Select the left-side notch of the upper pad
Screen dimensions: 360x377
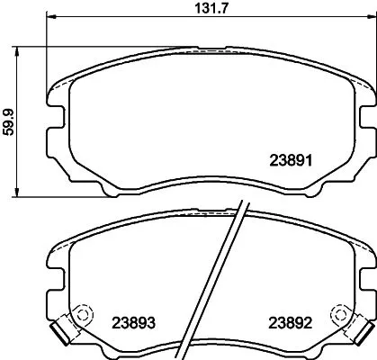(50, 122)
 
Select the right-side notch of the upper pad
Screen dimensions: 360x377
(369, 122)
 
